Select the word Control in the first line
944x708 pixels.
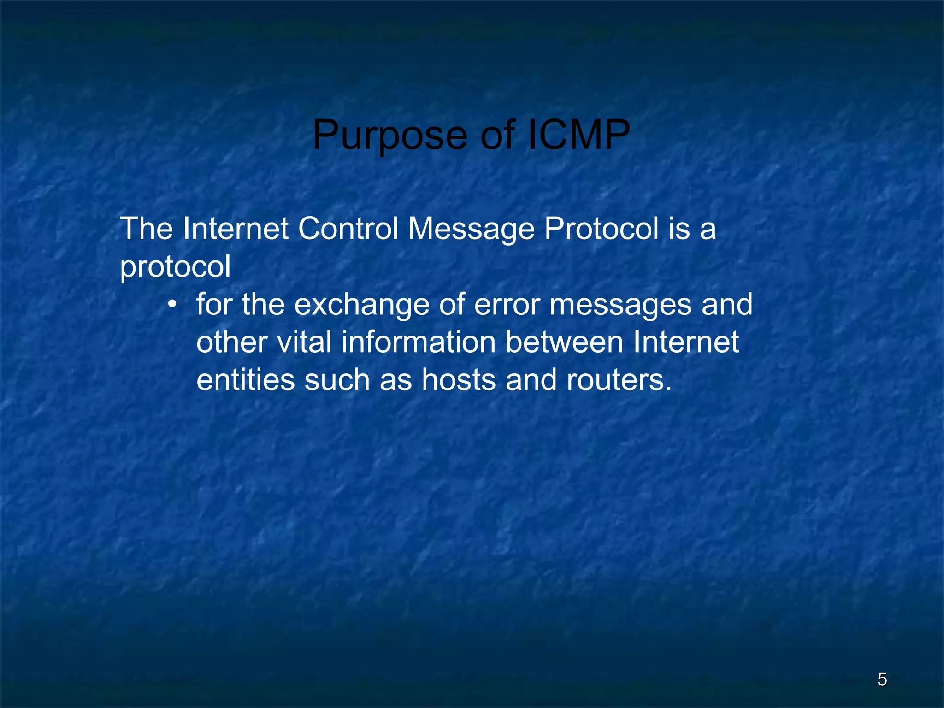(348, 229)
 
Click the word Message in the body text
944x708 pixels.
(471, 230)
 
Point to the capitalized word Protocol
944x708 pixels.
(602, 229)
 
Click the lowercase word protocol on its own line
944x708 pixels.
(175, 267)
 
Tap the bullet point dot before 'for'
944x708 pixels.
(172, 305)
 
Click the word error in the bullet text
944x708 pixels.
(507, 305)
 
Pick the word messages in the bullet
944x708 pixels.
(620, 306)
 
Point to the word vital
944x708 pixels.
(304, 342)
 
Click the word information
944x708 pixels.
(418, 342)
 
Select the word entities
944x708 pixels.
(245, 380)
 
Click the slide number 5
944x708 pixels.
(882, 679)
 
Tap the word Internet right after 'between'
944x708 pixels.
(686, 342)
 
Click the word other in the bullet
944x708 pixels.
(232, 342)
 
